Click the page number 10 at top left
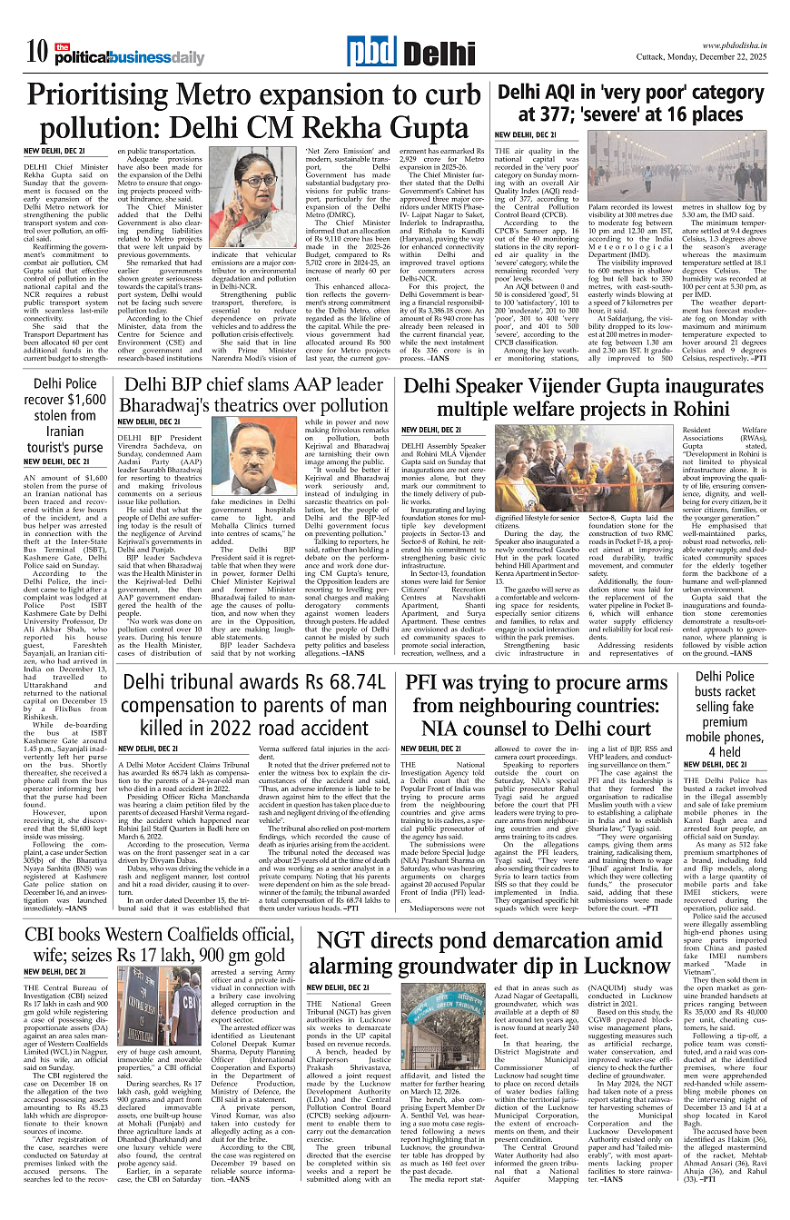pos(36,52)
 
